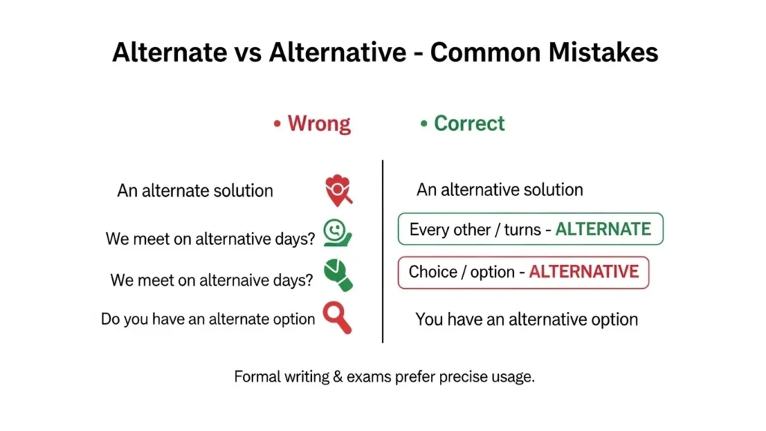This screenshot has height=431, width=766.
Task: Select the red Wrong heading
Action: [319, 123]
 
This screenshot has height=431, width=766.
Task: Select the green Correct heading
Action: [469, 123]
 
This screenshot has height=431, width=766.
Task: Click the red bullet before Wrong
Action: [277, 124]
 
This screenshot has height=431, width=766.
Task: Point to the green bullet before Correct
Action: [423, 124]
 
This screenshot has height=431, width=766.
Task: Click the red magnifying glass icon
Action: [337, 317]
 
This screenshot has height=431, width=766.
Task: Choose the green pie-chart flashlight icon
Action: [337, 274]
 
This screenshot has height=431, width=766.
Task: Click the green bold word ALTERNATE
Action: [603, 229]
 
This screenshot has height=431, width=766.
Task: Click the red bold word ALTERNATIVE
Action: [583, 271]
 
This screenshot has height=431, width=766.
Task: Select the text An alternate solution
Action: [194, 191]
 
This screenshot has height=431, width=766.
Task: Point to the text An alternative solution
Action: [499, 190]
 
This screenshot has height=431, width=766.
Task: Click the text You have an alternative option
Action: [526, 320]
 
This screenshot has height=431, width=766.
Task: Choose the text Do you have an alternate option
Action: [208, 319]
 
